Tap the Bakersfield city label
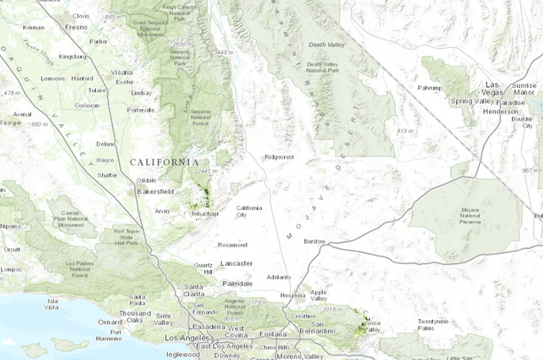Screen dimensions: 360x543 click(154, 191)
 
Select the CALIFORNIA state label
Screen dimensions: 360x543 click(164, 162)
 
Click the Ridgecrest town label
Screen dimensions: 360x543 click(279, 157)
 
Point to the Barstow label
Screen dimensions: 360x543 click(315, 241)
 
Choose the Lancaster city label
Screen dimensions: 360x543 click(237, 263)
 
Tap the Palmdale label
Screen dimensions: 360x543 click(237, 282)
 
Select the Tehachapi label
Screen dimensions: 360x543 click(206, 214)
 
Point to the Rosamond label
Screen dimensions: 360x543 click(232, 245)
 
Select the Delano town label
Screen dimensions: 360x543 click(106, 144)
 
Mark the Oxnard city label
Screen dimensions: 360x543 click(111, 322)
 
